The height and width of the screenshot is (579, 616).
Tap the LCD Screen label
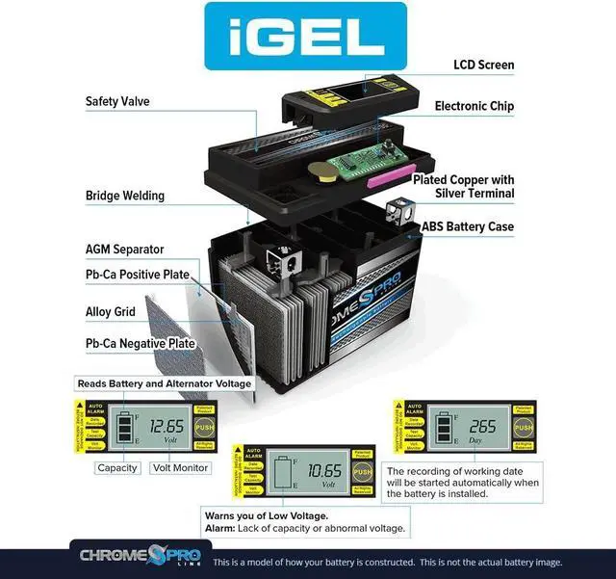483,66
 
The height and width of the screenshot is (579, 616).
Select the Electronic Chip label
474,106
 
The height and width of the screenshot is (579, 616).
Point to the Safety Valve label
117,101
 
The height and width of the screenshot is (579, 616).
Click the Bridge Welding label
124,196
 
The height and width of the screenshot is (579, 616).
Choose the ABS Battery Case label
468,227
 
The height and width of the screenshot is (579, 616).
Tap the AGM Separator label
124,250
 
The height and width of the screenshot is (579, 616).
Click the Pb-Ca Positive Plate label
137,275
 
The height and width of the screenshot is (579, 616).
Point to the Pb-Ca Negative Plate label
140,343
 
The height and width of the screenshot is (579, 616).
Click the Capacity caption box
116,468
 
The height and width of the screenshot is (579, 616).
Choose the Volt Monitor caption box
180,468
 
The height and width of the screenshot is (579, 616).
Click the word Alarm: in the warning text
220,529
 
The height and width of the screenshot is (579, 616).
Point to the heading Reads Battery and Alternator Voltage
164,383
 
